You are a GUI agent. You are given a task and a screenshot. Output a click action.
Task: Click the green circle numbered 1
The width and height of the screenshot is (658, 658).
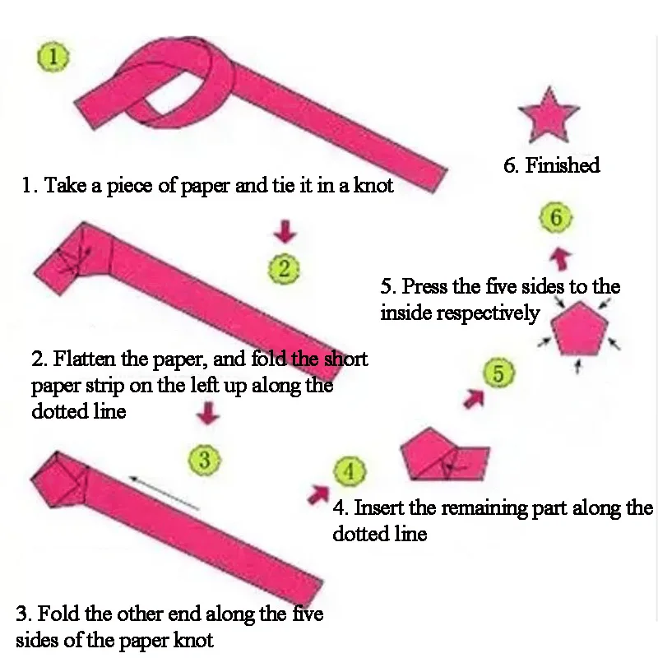53,58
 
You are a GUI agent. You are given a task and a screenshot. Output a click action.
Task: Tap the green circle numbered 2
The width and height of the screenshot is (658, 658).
284,269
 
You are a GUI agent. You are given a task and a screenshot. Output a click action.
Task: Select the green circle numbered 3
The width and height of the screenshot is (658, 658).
205,460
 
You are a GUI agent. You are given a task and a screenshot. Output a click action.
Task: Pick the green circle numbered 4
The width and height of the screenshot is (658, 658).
350,472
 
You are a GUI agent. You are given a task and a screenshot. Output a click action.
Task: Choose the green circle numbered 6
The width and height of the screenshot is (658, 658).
556,218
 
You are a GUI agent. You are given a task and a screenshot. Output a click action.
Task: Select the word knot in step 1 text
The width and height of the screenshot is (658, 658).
373,186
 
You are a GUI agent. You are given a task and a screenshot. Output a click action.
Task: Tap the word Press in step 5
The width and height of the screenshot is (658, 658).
424,287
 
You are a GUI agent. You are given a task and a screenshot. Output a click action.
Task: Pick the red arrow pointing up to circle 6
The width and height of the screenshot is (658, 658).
560,257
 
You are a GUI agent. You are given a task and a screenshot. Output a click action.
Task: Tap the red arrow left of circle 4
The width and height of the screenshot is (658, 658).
317,493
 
